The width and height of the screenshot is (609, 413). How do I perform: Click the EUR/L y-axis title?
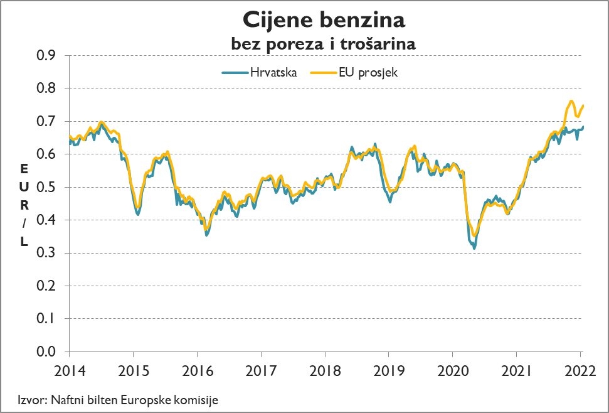[x=24, y=205]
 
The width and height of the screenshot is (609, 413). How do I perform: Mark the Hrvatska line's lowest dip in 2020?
[x=474, y=249]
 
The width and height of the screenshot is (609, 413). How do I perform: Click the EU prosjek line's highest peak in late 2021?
[x=571, y=101]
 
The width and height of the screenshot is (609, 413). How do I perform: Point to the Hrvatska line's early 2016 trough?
[x=206, y=235]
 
